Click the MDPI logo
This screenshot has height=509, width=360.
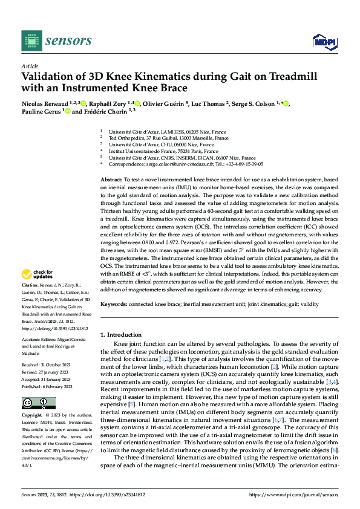[x=324, y=41]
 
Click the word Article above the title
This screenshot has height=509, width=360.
[x=30, y=66]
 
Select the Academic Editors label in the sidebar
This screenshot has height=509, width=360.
[x=41, y=341]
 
